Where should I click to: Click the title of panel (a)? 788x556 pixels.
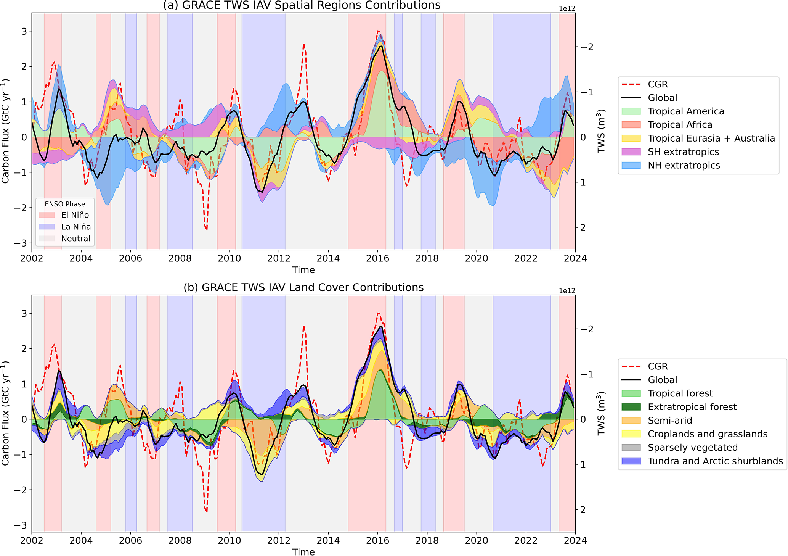pos(302,5)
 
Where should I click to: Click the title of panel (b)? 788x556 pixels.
pos(303,287)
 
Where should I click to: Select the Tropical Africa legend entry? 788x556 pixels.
pos(680,125)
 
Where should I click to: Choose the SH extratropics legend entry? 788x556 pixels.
pos(683,152)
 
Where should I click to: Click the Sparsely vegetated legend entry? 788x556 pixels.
pos(693,448)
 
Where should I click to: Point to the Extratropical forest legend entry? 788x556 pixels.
pos(692,407)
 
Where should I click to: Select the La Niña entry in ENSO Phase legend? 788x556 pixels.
pos(76,227)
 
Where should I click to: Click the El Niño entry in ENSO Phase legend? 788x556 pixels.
pos(75,215)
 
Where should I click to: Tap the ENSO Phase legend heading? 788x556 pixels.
pos(65,204)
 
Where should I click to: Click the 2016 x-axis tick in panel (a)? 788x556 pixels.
pos(377,259)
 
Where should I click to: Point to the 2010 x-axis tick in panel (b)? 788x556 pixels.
pos(229,541)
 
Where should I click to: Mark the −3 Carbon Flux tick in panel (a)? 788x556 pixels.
pos(22,243)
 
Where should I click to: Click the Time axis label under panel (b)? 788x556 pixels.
pos(303,552)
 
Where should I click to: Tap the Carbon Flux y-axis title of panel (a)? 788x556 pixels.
pos(5,131)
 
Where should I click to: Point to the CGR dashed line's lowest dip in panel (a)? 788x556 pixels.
pos(206,229)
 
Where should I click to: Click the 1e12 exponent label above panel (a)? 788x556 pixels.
pos(567,9)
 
